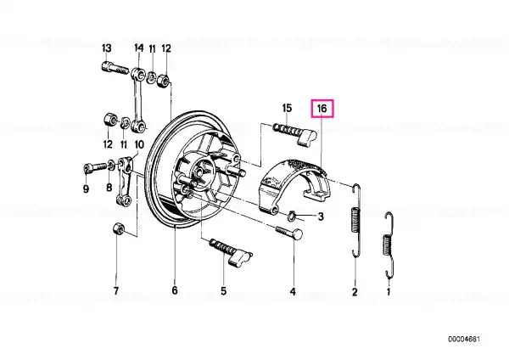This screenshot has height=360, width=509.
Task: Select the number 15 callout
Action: [x=288, y=108]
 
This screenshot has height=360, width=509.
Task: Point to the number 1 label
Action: [x=389, y=292]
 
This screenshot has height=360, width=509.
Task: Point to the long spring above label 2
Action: [x=357, y=221]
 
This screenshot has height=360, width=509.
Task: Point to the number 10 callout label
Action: [x=138, y=144]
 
